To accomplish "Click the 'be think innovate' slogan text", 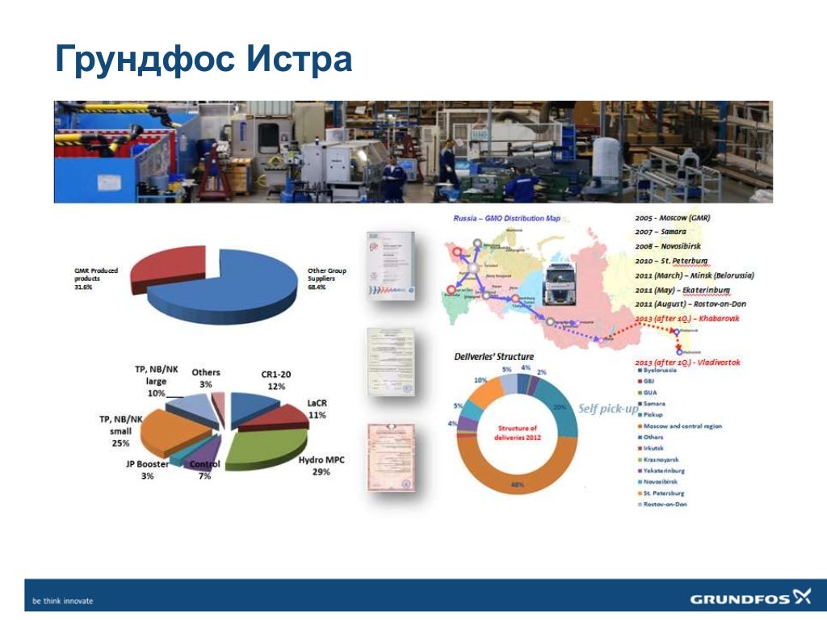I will click(x=62, y=601).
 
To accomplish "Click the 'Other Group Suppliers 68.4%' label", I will click(x=327, y=280).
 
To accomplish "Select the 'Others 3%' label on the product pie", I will click(x=206, y=378).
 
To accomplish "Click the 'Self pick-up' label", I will click(x=607, y=408).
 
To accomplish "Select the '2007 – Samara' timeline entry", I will click(x=661, y=232).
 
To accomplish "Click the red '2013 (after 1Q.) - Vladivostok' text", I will click(x=687, y=362).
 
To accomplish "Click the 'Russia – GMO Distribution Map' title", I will click(x=506, y=218).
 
